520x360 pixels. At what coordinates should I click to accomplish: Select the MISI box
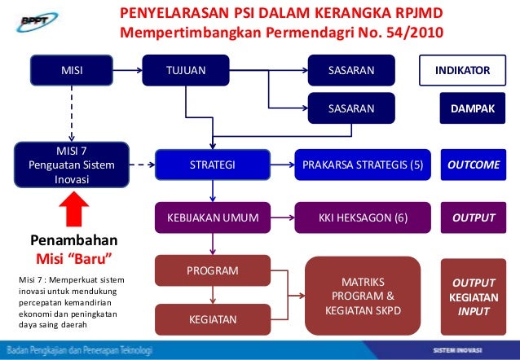click(73, 71)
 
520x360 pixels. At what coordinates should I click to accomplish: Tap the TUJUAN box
click(186, 71)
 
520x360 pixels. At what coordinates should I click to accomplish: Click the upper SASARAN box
click(350, 71)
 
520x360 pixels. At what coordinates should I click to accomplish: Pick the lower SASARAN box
click(350, 108)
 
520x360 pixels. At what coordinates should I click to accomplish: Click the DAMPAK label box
click(467, 108)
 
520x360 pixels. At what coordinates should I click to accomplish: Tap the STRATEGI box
click(213, 165)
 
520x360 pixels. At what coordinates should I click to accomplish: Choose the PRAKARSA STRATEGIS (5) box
click(363, 165)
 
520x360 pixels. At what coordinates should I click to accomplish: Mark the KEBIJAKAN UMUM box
click(213, 218)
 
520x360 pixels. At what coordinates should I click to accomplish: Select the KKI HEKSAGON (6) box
click(363, 218)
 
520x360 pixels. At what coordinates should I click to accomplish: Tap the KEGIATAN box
click(213, 320)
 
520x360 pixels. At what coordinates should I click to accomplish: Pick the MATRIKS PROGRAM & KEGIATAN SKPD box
click(363, 296)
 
